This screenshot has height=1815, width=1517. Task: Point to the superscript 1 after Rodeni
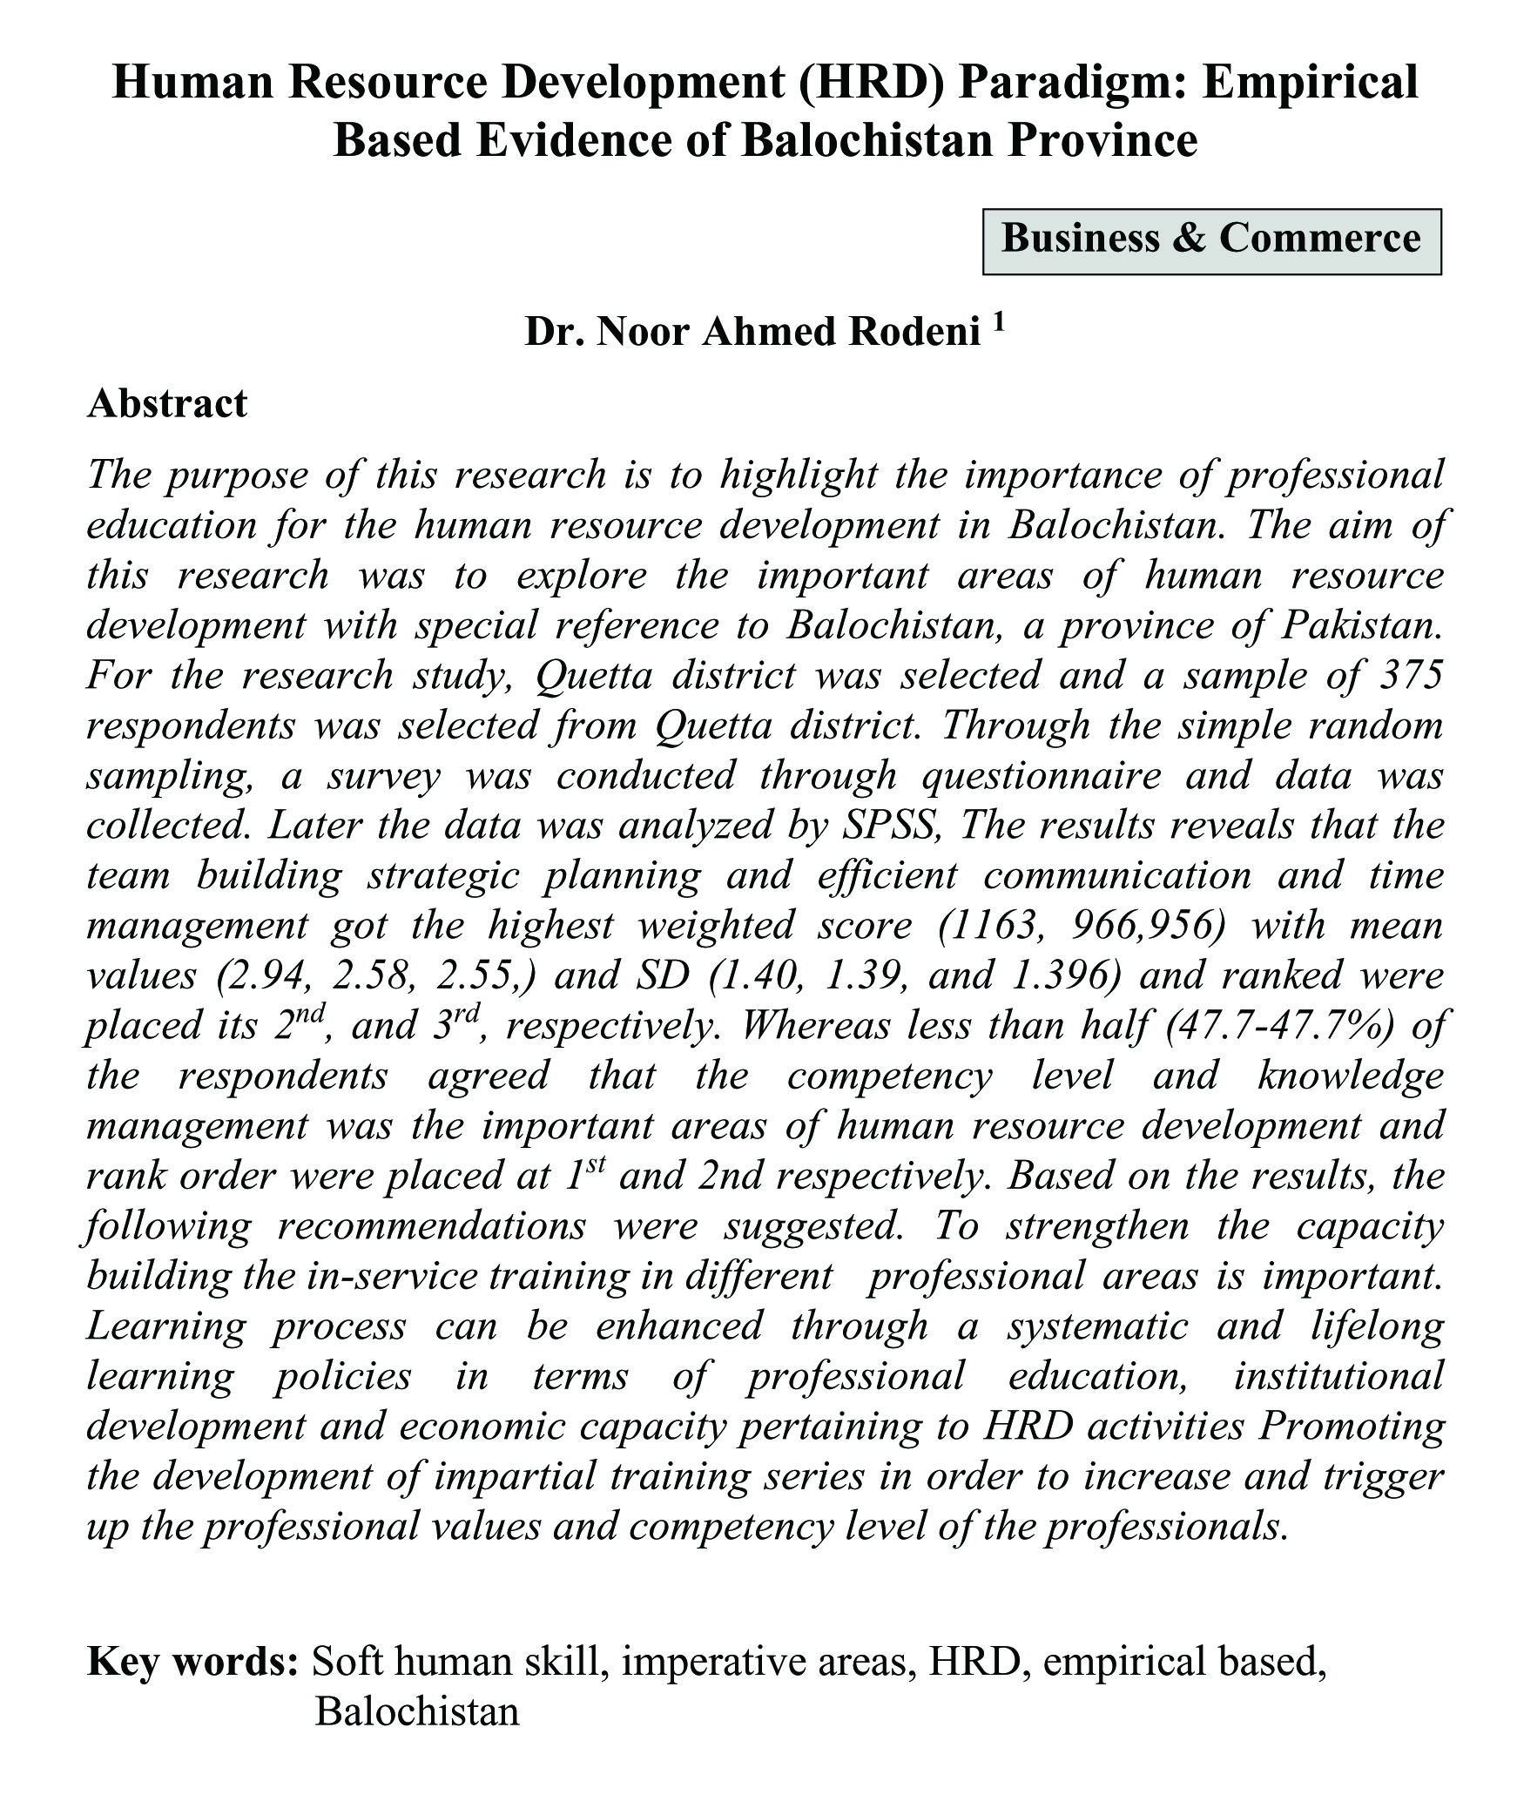(999, 323)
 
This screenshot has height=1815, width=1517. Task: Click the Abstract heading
(167, 404)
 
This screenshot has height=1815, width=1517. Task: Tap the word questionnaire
(1042, 776)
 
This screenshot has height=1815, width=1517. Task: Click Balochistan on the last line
(416, 1711)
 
